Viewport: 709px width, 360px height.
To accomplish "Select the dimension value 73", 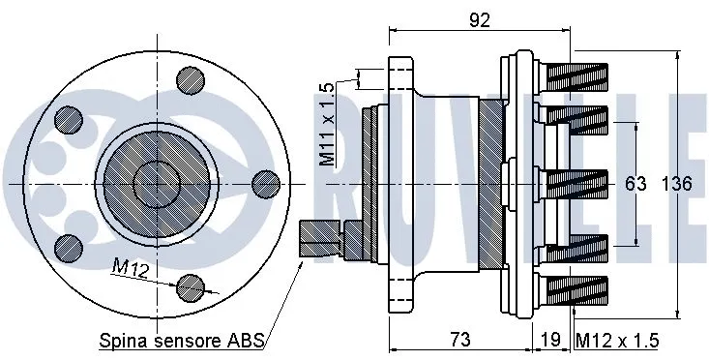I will [460, 340].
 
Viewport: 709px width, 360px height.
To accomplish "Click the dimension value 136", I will [676, 184].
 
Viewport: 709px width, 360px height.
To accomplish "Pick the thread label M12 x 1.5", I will [617, 340].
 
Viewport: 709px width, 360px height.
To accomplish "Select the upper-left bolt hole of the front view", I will [68, 119].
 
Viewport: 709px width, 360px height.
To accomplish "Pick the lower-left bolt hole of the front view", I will [68, 246].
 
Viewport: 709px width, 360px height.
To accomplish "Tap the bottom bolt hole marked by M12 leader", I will [192, 285].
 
